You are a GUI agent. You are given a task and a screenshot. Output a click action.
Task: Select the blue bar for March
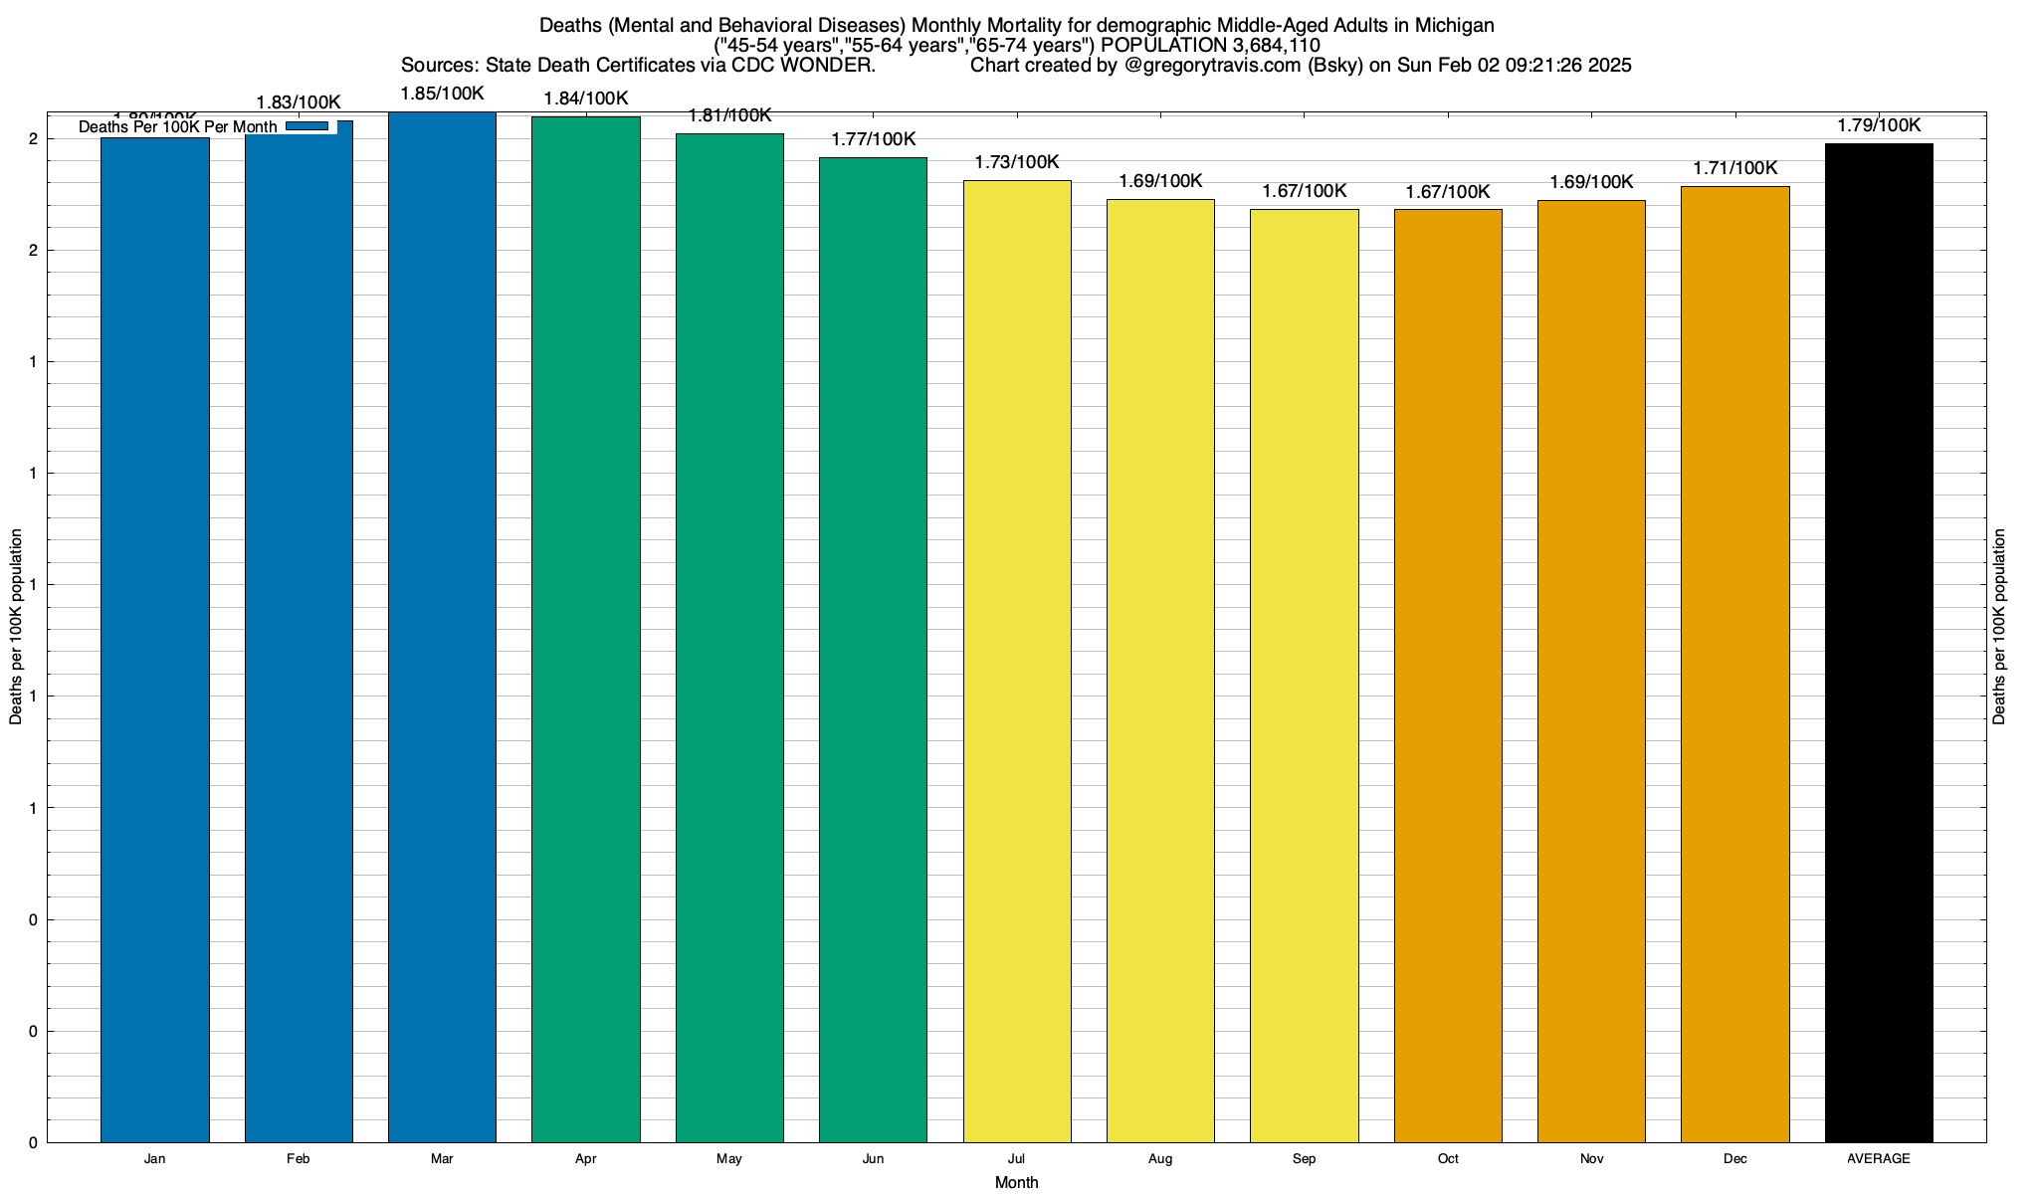[442, 627]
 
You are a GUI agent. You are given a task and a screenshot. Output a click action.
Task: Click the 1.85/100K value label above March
[442, 94]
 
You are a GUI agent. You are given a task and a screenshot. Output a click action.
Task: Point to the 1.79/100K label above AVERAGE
[1879, 125]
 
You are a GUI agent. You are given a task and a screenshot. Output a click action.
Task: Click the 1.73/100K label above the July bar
[1016, 162]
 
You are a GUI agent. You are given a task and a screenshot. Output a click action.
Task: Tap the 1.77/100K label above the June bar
[873, 139]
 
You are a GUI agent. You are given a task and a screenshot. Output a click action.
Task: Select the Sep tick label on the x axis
[1304, 1159]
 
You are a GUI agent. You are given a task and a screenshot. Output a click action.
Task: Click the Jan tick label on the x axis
[154, 1159]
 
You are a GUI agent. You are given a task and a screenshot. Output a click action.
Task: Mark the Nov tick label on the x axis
[1591, 1159]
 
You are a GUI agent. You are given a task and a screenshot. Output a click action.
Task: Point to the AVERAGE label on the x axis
[1879, 1159]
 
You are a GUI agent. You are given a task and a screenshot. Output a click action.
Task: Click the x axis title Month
[1016, 1182]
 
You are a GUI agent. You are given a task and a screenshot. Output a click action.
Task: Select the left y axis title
[16, 627]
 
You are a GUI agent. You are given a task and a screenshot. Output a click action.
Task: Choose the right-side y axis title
[2000, 627]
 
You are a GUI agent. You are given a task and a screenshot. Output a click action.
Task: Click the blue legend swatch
[306, 126]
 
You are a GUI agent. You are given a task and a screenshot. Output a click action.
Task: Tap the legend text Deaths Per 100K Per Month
[178, 127]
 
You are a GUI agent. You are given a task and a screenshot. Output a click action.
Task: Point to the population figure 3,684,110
[1264, 46]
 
